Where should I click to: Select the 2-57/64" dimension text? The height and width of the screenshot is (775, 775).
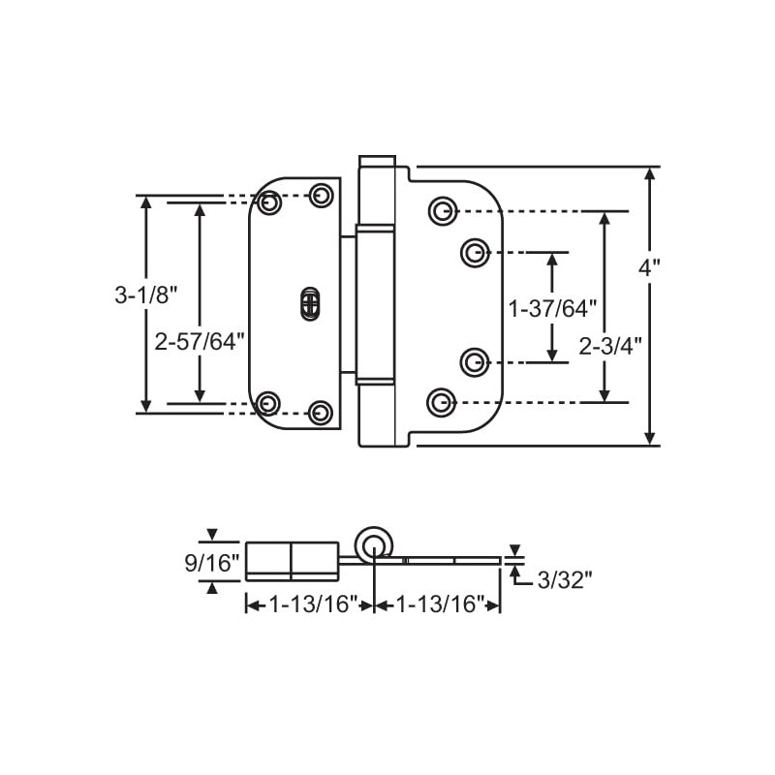point(201,341)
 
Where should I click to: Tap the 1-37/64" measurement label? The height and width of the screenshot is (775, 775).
point(553,309)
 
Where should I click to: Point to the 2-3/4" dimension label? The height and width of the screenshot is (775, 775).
point(610,346)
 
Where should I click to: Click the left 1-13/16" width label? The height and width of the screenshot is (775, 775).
point(309,604)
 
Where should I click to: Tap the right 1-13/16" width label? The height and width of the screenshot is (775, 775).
point(437,604)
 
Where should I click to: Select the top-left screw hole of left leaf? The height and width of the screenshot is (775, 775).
point(270,203)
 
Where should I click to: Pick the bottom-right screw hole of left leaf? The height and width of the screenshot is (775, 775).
point(320,412)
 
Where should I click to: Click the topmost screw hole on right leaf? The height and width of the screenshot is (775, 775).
point(441,210)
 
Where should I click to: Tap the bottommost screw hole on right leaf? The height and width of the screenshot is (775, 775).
point(441,400)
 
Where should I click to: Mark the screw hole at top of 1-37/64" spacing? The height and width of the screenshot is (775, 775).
point(473,253)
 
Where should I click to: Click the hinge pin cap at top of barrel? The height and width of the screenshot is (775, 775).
point(377,161)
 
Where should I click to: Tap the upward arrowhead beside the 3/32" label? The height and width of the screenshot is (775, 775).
point(514,573)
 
